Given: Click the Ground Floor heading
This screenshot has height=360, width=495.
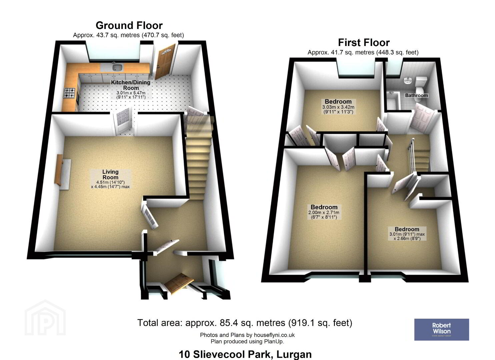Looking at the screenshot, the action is coord(129,25).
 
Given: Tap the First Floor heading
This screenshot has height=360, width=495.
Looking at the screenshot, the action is coord(364,42).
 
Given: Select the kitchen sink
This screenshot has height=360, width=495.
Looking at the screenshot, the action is coord(116,66).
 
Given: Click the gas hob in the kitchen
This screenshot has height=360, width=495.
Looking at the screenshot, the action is coord(70,93).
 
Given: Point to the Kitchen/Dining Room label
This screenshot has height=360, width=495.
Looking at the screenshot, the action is coord(131,85).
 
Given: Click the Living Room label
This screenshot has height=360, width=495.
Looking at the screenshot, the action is coord(110,174).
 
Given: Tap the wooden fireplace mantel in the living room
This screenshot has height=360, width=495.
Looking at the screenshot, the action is coord(59,170).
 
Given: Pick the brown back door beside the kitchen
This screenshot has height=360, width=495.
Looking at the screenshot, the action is coord(165,61).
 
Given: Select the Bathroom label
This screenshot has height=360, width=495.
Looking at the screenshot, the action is coord(416,95).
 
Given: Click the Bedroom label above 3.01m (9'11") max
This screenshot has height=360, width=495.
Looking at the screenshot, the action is coord(407,229).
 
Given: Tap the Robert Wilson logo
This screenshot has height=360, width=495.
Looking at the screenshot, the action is coord(442,330).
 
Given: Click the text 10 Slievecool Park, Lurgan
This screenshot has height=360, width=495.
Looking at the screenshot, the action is coord(245,354).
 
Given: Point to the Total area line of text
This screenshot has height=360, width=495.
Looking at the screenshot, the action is coord(245,323).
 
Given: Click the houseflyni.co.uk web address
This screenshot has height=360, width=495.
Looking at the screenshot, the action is coord(274,335).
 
